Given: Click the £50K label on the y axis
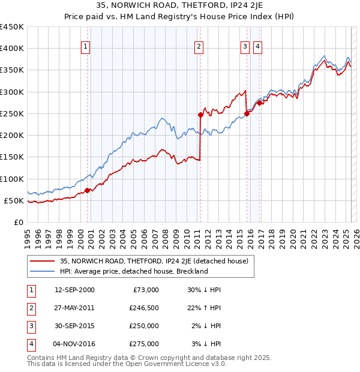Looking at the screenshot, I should point(14,200).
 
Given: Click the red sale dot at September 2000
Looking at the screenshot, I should point(88,190).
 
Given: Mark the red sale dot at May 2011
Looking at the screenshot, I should point(200,114).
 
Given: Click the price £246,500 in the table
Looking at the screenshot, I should point(144,308).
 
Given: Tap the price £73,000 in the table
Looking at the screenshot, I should point(146,290).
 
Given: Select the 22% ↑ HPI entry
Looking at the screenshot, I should point(204,308).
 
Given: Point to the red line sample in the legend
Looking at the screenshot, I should point(41,261).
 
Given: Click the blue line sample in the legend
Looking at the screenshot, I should point(41,271).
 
